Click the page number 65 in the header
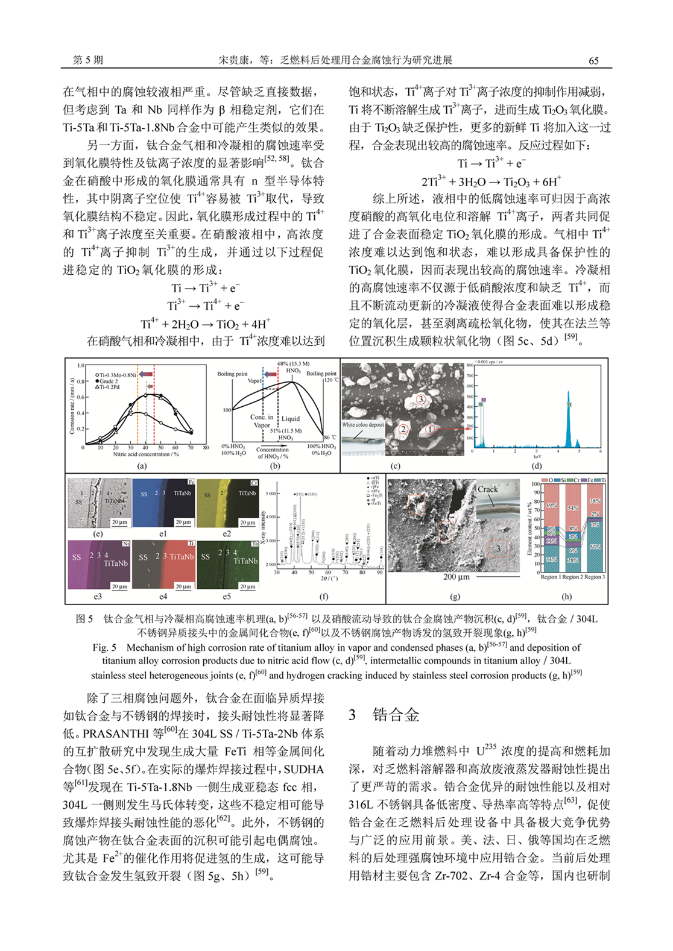tap(593, 60)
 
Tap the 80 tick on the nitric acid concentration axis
tap(206, 448)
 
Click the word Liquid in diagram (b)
tap(291, 418)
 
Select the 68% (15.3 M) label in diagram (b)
tap(294, 364)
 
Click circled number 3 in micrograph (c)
tap(421, 399)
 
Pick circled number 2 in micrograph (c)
tap(403, 429)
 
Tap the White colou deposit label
tap(363, 425)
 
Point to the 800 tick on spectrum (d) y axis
tap(469, 365)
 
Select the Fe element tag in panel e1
tap(191, 482)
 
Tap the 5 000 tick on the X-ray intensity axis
tap(271, 494)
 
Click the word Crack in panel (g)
tap(488, 489)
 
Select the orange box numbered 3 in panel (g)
tap(498, 548)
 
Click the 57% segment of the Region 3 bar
tap(595, 547)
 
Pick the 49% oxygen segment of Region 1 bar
tap(551, 506)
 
